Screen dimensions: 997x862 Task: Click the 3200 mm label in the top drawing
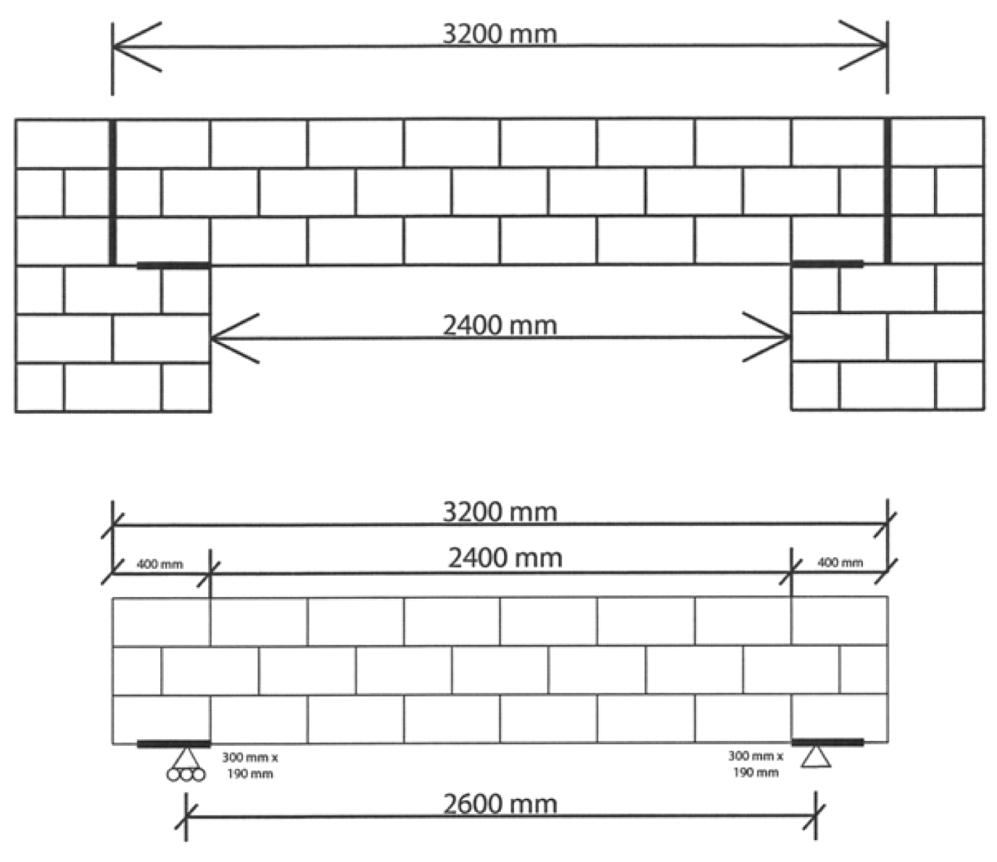coord(500,33)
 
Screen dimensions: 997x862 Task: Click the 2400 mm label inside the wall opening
coord(500,324)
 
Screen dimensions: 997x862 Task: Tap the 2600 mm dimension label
coord(500,804)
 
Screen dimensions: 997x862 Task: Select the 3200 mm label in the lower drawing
coord(500,512)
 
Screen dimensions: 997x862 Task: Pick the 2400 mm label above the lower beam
coord(505,558)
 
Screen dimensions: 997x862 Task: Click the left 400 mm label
coord(160,564)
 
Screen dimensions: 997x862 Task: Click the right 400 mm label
coord(840,562)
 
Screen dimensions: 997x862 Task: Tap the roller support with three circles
coord(186,765)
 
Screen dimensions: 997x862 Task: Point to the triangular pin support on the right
coord(816,758)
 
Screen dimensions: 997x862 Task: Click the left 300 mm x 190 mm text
coord(249,765)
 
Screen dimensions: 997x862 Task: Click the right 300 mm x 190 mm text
coord(756,764)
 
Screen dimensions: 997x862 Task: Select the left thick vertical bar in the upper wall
coord(112,192)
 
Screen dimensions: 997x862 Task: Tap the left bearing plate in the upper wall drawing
coord(173,266)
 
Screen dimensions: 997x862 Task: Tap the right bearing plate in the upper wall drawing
coord(827,264)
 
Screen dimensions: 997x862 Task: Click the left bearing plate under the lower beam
coord(173,744)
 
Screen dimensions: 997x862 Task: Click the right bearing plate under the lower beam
coord(827,742)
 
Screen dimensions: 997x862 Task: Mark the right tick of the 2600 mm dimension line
coord(816,816)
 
